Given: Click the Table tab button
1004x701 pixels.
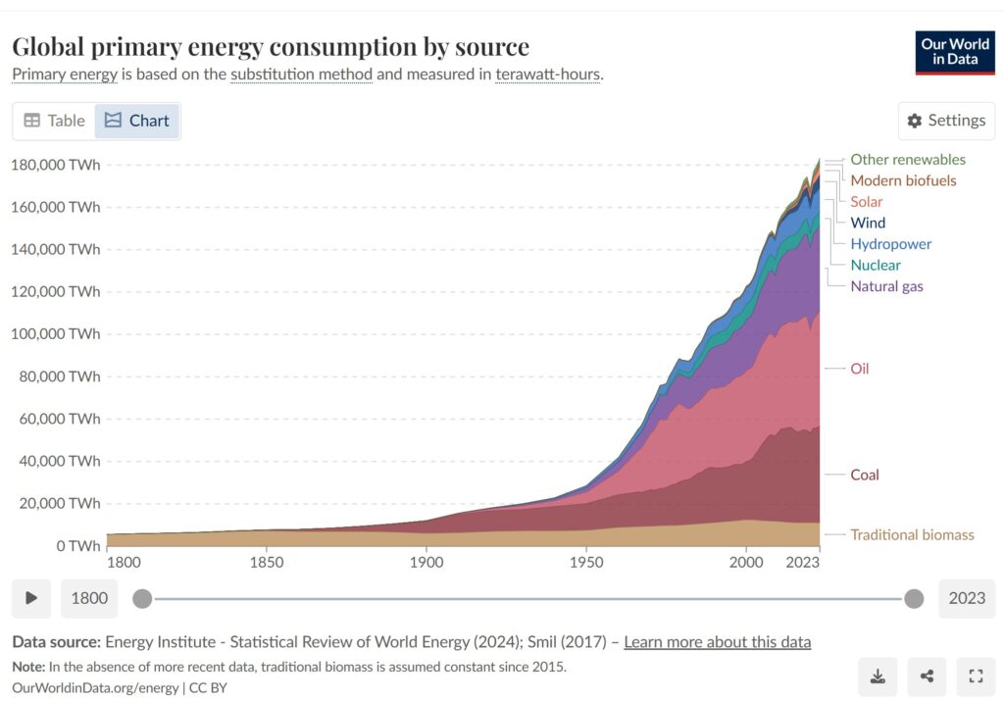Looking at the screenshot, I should click(x=55, y=121).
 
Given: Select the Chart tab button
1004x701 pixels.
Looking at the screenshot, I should click(x=137, y=121).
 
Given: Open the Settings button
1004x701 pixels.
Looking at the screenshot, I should click(x=946, y=121).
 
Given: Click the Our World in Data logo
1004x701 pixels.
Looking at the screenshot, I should click(x=955, y=52).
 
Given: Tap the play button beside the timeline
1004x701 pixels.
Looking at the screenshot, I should click(x=31, y=598).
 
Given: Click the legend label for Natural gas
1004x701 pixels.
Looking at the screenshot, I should click(x=886, y=286).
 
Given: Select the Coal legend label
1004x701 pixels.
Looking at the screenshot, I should click(x=865, y=475).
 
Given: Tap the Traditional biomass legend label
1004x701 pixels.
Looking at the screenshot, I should click(x=912, y=534).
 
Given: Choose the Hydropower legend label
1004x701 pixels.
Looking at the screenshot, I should click(x=890, y=244).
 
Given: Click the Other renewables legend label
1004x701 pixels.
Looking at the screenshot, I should click(x=907, y=159).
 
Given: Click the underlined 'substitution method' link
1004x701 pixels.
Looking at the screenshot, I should click(x=301, y=75).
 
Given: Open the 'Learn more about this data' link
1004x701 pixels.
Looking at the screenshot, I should click(x=717, y=642).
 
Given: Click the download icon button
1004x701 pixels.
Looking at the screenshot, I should click(x=878, y=676).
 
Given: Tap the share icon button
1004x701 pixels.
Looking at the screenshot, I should click(x=927, y=676).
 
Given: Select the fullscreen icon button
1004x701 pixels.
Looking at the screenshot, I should click(x=975, y=676).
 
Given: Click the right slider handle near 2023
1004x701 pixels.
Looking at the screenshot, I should click(x=914, y=598).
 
